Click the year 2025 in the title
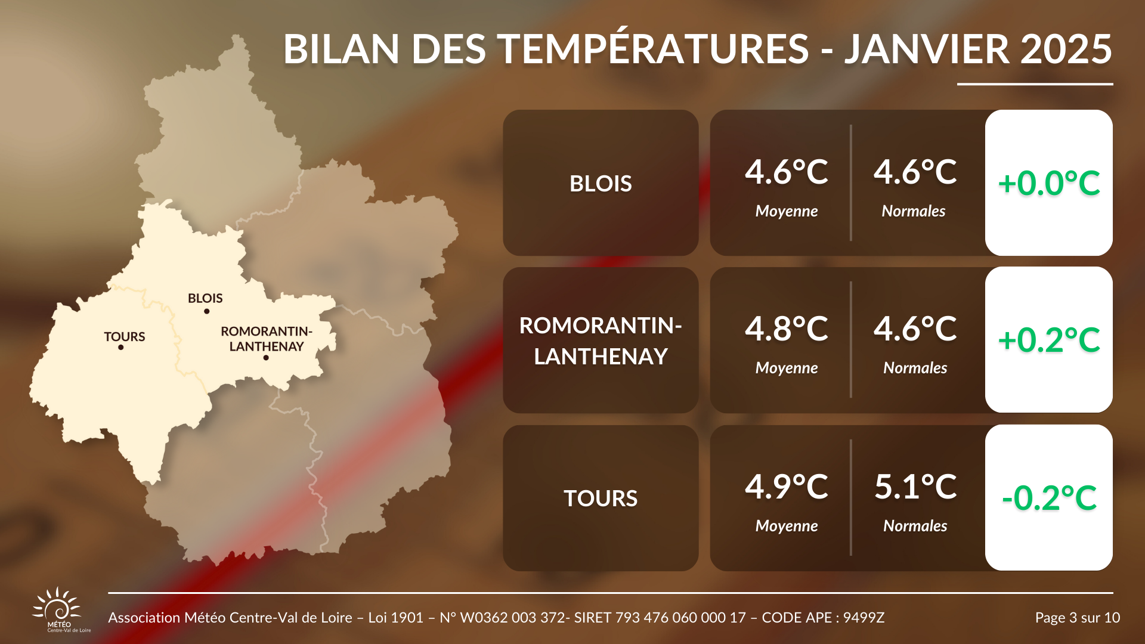(x=1066, y=49)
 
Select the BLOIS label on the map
(x=205, y=298)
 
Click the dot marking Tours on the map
(x=121, y=348)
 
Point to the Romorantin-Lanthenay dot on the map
(x=266, y=358)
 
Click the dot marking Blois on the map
(x=207, y=311)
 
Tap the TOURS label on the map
(x=125, y=337)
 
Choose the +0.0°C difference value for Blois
(x=1049, y=183)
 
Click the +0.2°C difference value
(x=1049, y=340)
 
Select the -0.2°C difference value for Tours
(x=1049, y=498)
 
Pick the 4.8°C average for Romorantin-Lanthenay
(x=787, y=329)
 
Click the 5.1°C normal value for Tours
(x=915, y=487)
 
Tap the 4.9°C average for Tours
(x=787, y=487)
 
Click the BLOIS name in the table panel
(x=601, y=184)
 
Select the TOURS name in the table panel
(x=601, y=499)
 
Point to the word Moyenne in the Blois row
(x=787, y=211)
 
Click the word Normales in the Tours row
(x=915, y=526)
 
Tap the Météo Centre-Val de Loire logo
(x=58, y=610)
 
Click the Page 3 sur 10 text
(x=1078, y=618)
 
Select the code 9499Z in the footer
(x=864, y=618)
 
